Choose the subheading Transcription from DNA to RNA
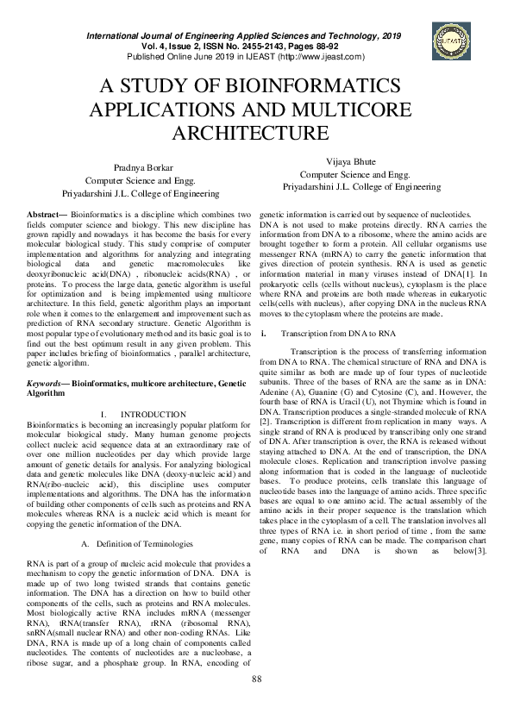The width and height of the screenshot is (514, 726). pyautogui.click(x=338, y=332)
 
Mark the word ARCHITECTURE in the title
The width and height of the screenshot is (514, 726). pyautogui.click(x=256, y=134)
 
